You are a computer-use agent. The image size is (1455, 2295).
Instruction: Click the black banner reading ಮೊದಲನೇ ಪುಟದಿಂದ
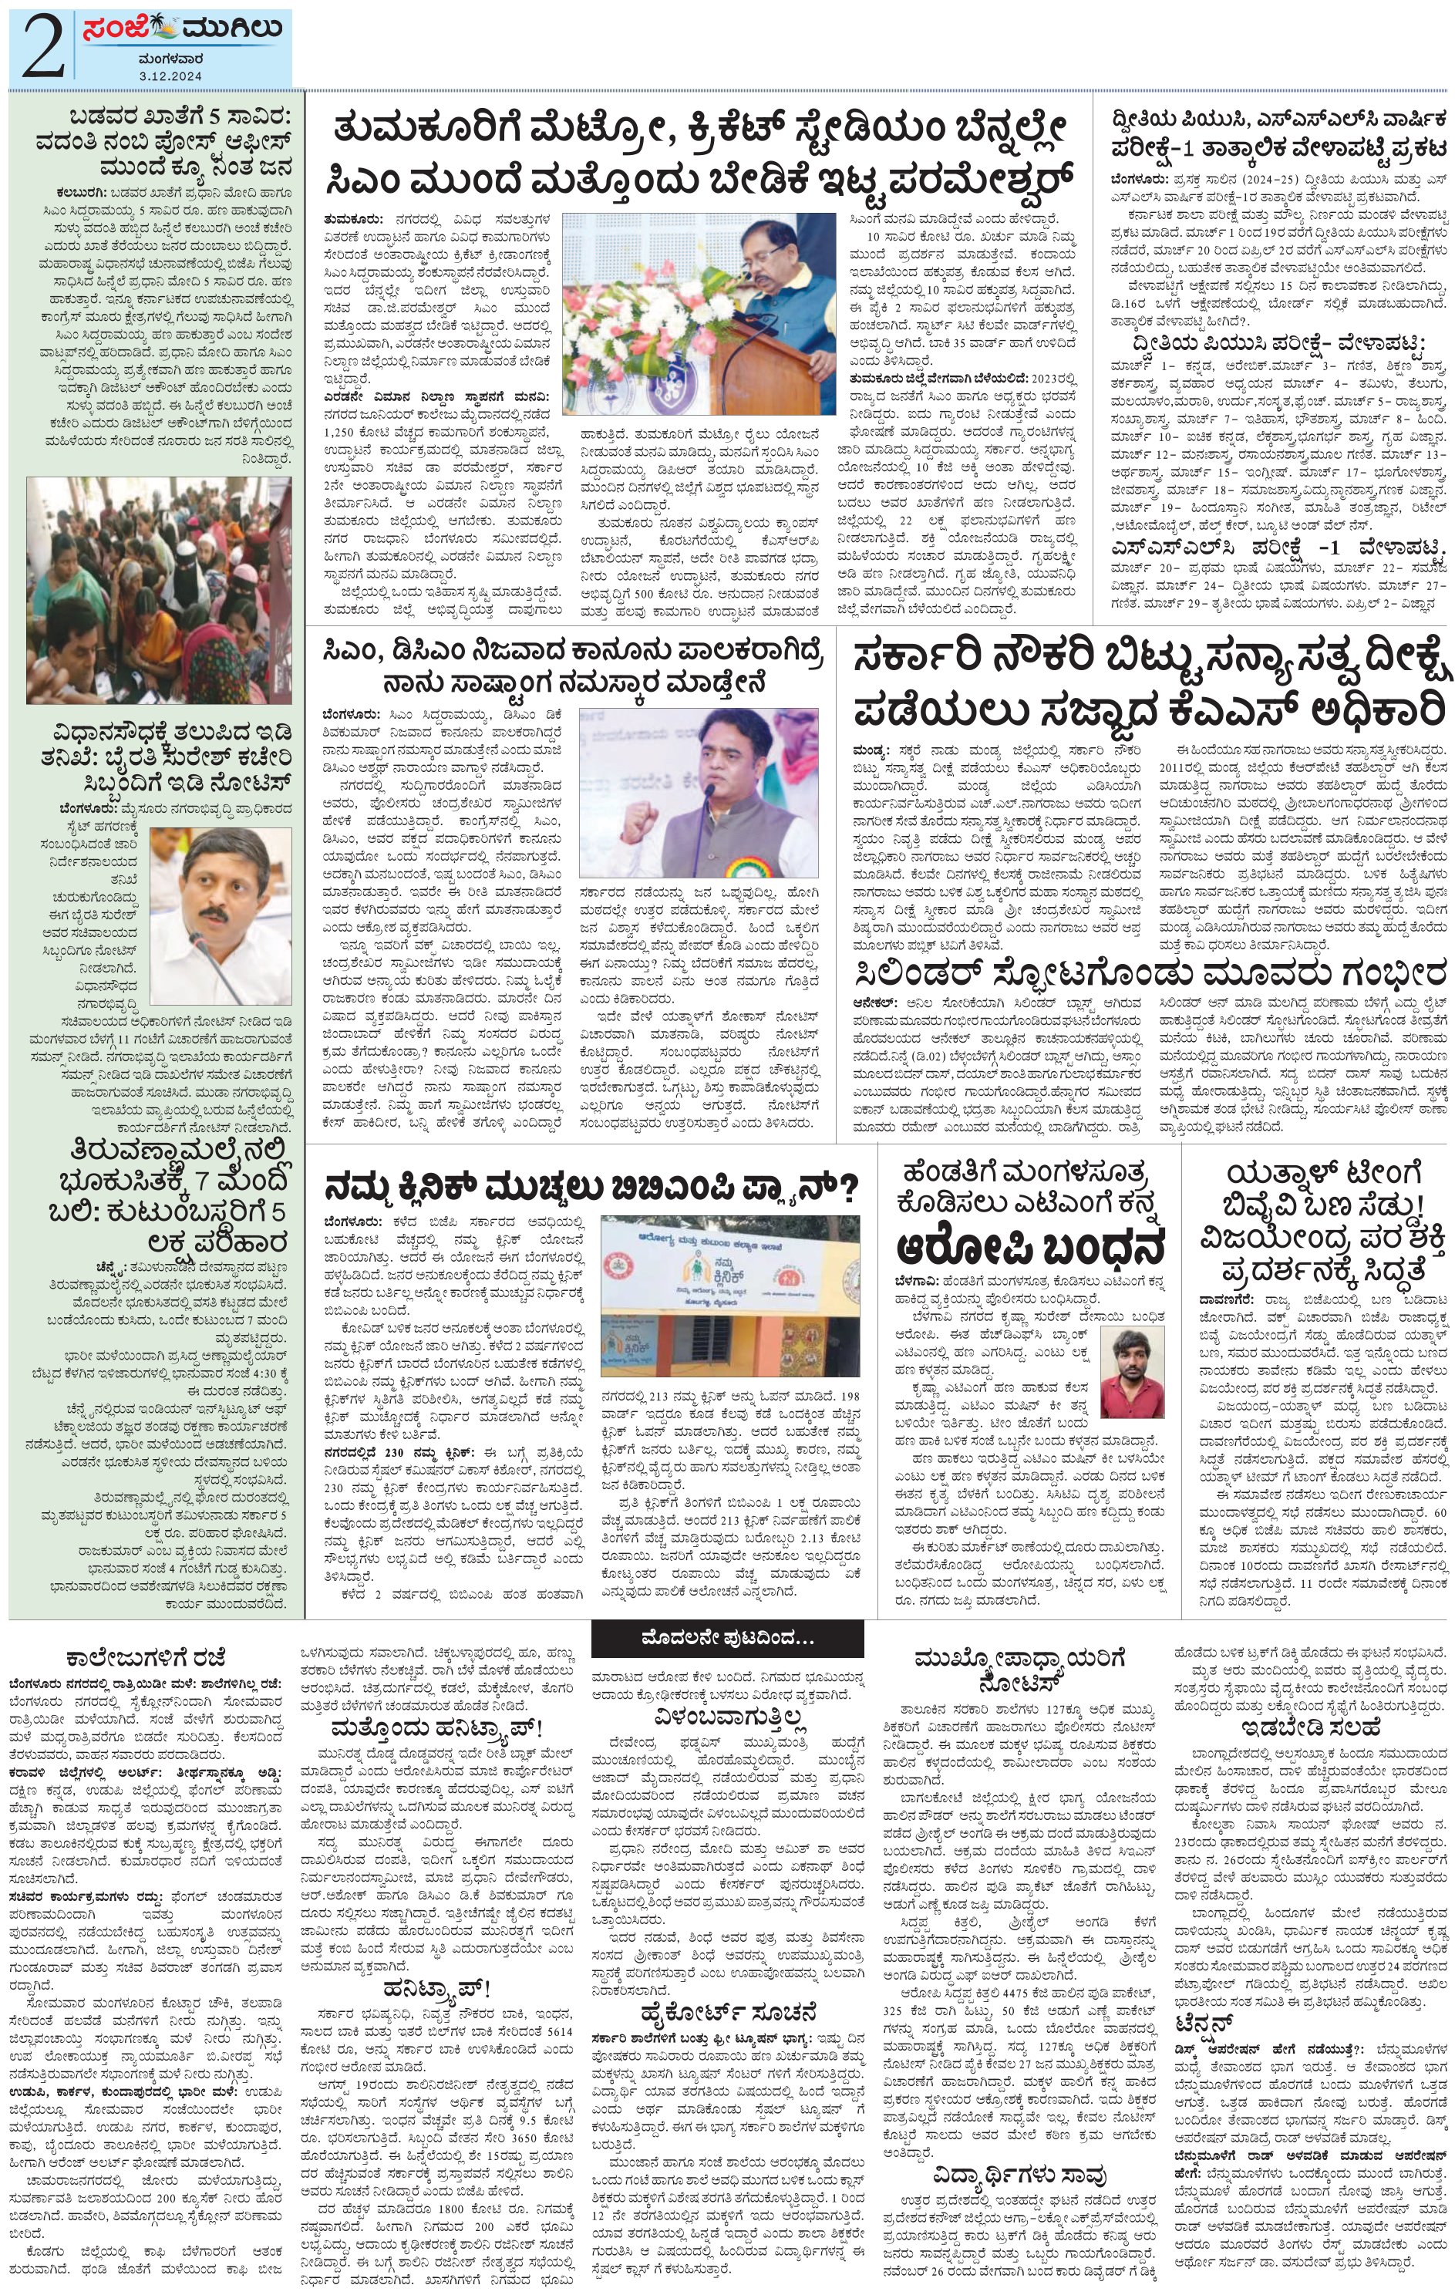point(727,1638)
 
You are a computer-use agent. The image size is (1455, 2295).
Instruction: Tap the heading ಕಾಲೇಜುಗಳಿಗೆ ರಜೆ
point(146,1657)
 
